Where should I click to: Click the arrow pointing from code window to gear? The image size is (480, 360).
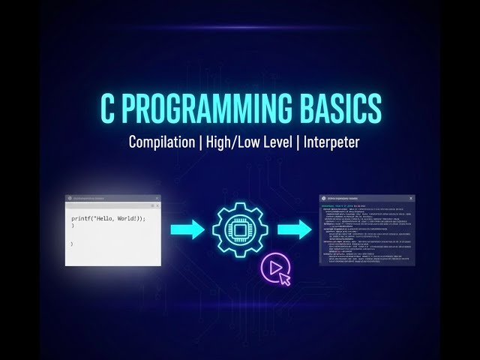point(187,227)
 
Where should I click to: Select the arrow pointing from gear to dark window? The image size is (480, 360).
point(294,227)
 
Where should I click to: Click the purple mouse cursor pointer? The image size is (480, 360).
point(284,279)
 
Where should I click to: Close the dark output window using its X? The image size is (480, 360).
point(410,198)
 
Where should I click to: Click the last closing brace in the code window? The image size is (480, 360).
point(72,243)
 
